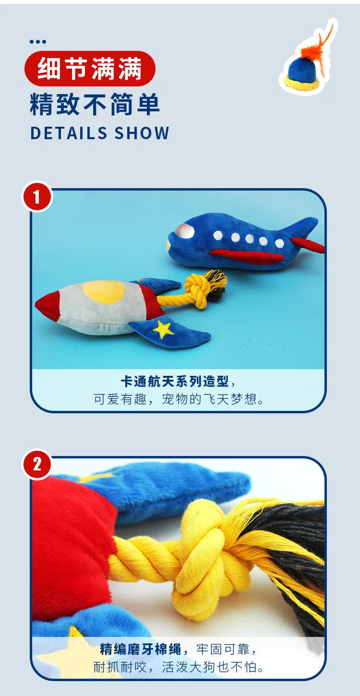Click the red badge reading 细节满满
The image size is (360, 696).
pos(90,68)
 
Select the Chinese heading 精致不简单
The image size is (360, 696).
pos(95,104)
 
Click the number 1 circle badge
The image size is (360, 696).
pos(37,196)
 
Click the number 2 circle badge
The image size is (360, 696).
pos(37,464)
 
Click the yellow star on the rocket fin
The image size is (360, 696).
pos(164,329)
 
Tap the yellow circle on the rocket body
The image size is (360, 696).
pos(103,291)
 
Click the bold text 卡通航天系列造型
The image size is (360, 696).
pos(176,382)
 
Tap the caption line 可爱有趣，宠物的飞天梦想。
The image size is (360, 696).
pos(179,399)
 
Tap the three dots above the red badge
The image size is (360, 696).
pos(38,42)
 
